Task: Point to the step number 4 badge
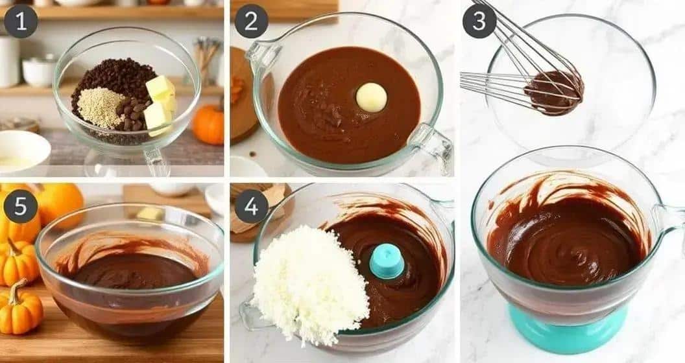pyautogui.click(x=251, y=206)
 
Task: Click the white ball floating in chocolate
pyautogui.click(x=371, y=97)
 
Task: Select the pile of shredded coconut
pyautogui.click(x=310, y=285)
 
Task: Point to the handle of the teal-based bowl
pyautogui.click(x=671, y=220)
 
